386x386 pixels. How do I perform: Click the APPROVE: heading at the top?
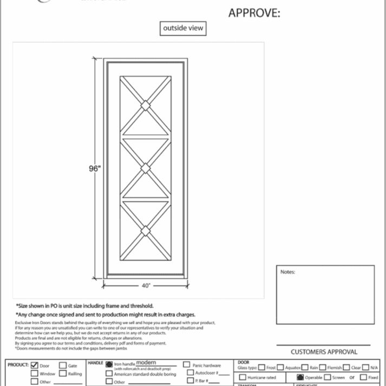(x=254, y=13)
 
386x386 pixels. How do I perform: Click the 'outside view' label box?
(x=184, y=29)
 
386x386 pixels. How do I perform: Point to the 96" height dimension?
(x=94, y=168)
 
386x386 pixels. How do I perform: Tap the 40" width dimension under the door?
(x=146, y=285)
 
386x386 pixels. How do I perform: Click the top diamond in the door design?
(x=145, y=104)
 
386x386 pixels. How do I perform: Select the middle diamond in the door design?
(x=145, y=168)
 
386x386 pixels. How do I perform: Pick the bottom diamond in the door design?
(x=145, y=231)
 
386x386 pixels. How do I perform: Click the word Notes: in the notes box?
(x=287, y=272)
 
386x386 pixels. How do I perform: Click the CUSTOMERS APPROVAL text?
(x=324, y=352)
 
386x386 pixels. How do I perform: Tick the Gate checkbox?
(x=63, y=365)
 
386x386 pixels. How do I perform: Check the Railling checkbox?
(x=63, y=374)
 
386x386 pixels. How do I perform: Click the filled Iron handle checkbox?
(x=109, y=365)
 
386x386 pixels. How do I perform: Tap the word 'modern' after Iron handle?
(x=146, y=363)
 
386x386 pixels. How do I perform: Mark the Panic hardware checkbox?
(x=187, y=365)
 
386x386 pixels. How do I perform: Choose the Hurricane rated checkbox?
(x=242, y=377)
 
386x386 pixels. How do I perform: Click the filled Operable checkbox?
(x=300, y=377)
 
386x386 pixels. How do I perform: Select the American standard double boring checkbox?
(x=109, y=374)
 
